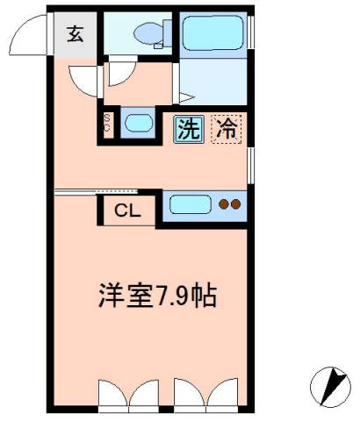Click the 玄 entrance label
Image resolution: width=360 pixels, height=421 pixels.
[76, 34]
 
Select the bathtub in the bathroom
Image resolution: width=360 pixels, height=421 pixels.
[212, 32]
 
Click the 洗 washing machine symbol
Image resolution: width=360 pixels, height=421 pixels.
[189, 129]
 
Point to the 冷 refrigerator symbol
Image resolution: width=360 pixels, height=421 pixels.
[227, 129]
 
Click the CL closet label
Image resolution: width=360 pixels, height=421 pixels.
[127, 210]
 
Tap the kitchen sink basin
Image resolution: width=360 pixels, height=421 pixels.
[191, 204]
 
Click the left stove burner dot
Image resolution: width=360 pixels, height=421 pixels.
[224, 204]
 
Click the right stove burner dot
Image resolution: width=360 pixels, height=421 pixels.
[235, 204]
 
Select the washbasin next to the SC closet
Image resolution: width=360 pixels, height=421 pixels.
[139, 123]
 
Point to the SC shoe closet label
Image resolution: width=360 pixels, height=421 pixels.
[107, 123]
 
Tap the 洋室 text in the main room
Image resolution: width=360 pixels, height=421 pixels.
[126, 296]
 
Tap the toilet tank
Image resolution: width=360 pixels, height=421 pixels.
[168, 33]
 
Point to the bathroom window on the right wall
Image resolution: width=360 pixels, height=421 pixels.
[251, 32]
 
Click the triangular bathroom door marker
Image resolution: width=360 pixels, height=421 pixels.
[187, 97]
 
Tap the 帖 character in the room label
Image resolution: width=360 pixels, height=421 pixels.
[205, 296]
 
